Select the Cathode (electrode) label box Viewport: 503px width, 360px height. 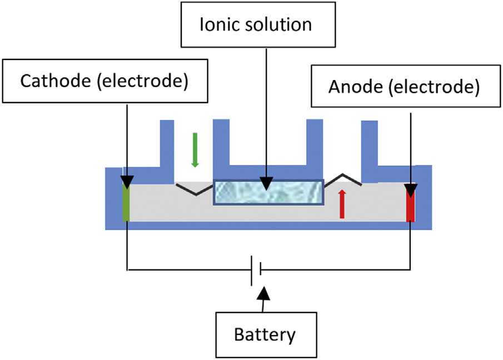[x=103, y=81]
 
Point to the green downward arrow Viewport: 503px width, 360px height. [x=195, y=149]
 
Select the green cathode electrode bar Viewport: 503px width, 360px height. [x=126, y=203]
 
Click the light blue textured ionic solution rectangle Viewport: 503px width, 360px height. [x=268, y=192]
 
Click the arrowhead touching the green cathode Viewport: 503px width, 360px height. [x=127, y=183]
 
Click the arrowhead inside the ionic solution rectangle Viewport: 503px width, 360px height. [x=267, y=184]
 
